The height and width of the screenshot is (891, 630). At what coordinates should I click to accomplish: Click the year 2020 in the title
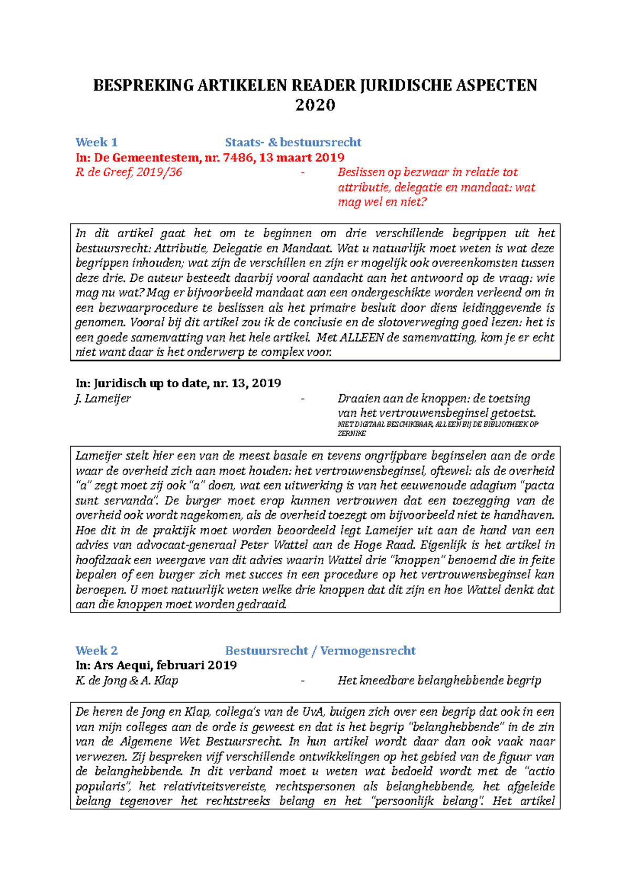(315, 105)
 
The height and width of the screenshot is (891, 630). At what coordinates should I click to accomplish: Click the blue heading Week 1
(97, 142)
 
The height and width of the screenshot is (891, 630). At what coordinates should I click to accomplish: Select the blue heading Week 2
(97, 651)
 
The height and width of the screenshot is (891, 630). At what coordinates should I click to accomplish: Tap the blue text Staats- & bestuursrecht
(293, 142)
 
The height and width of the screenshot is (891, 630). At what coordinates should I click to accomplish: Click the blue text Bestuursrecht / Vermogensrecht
(320, 651)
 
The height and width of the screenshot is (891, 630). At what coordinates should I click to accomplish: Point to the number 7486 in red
(238, 157)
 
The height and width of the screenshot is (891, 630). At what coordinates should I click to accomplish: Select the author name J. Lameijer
(103, 399)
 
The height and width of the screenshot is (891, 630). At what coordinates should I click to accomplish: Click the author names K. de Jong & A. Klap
(127, 681)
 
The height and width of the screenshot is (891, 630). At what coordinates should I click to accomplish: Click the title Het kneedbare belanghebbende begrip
(439, 681)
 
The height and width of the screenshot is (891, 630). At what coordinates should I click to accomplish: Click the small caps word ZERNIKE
(351, 433)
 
